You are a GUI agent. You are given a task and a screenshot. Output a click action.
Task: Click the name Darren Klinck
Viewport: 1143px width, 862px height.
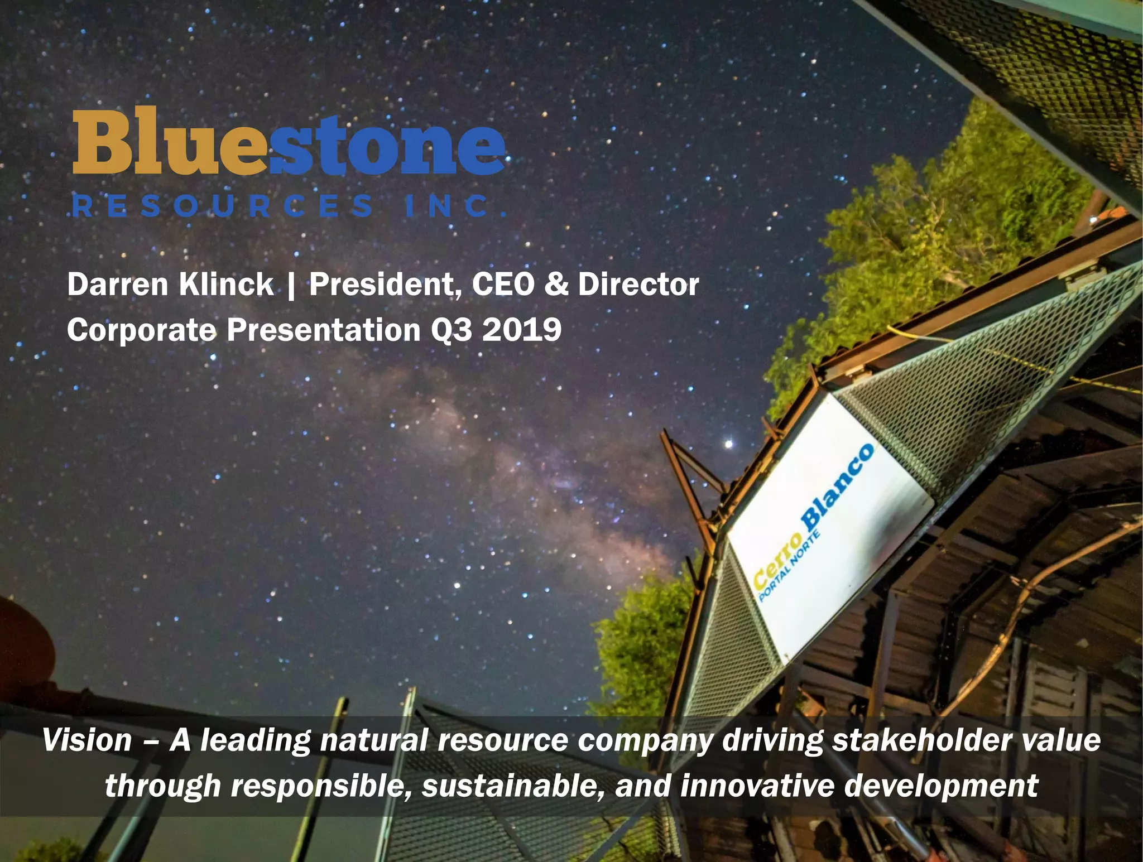point(170,285)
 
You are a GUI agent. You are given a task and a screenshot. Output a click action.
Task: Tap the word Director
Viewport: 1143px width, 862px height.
point(638,285)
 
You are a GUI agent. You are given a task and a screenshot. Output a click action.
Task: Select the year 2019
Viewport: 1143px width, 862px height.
point(522,330)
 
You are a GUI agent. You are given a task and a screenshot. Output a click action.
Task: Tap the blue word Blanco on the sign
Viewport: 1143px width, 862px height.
point(837,485)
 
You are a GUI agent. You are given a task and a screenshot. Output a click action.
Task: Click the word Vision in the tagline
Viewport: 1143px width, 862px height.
point(87,741)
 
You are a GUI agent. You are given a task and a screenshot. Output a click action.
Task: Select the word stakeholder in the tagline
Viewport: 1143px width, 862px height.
point(921,741)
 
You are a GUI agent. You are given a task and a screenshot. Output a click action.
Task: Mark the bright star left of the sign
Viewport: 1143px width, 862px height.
point(728,444)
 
